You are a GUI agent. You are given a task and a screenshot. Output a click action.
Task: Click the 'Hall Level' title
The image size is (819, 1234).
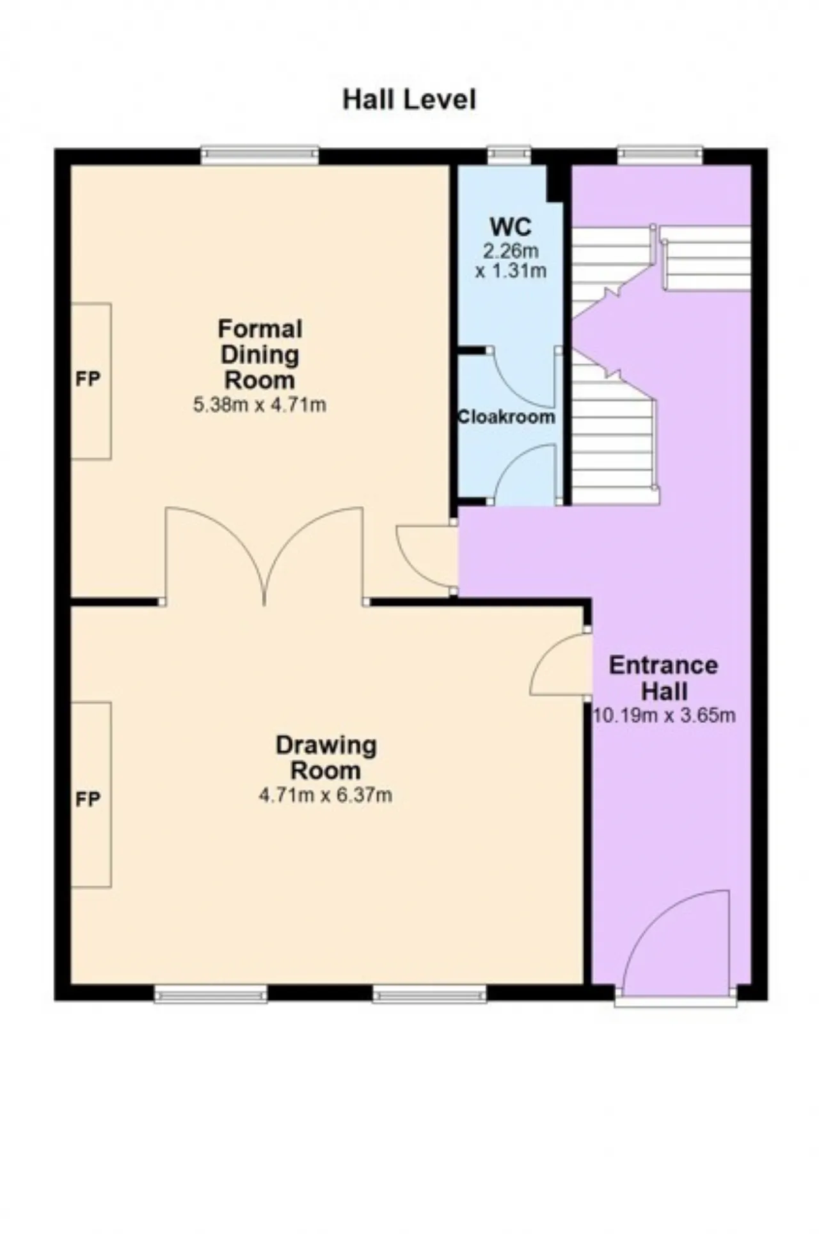point(409,100)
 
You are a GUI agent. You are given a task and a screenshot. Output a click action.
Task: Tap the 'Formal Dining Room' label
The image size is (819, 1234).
point(260,354)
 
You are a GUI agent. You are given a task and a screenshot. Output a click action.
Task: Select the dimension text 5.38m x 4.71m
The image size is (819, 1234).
point(260,405)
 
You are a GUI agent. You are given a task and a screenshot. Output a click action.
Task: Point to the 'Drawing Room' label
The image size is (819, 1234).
point(326,757)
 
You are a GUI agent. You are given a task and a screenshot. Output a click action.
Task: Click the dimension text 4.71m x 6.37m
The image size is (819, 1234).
point(325,795)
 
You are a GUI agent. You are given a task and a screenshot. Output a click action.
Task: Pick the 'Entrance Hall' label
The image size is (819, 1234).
point(664,678)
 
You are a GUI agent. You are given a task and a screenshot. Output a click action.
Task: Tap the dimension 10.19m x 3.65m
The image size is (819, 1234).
point(664,715)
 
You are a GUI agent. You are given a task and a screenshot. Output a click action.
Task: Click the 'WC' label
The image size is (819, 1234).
point(511,227)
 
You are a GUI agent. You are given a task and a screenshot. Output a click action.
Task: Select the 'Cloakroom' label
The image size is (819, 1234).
point(506,417)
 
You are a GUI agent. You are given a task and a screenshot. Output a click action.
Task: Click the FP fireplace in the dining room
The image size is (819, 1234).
point(90,381)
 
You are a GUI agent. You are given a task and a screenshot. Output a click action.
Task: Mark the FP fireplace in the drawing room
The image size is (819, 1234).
point(90,794)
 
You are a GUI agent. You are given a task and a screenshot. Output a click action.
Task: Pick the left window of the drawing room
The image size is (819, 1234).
point(211,994)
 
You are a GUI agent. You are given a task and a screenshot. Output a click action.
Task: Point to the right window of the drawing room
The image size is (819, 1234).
point(430,994)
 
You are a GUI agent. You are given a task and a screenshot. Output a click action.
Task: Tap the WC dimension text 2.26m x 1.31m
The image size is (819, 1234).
point(511,260)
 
